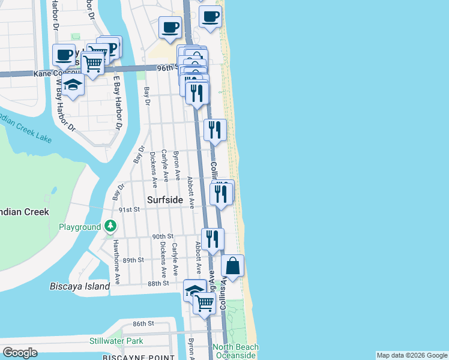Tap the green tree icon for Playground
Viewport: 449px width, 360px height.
click(110, 227)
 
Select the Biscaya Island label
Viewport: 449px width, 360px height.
click(80, 286)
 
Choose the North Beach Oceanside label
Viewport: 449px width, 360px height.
click(235, 352)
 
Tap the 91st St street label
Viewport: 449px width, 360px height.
click(129, 209)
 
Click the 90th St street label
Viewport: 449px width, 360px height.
click(163, 236)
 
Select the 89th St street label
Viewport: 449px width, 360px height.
click(133, 260)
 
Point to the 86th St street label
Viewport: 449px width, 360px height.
click(144, 323)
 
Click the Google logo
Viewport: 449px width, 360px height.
click(20, 352)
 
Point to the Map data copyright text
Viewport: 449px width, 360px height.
click(412, 355)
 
